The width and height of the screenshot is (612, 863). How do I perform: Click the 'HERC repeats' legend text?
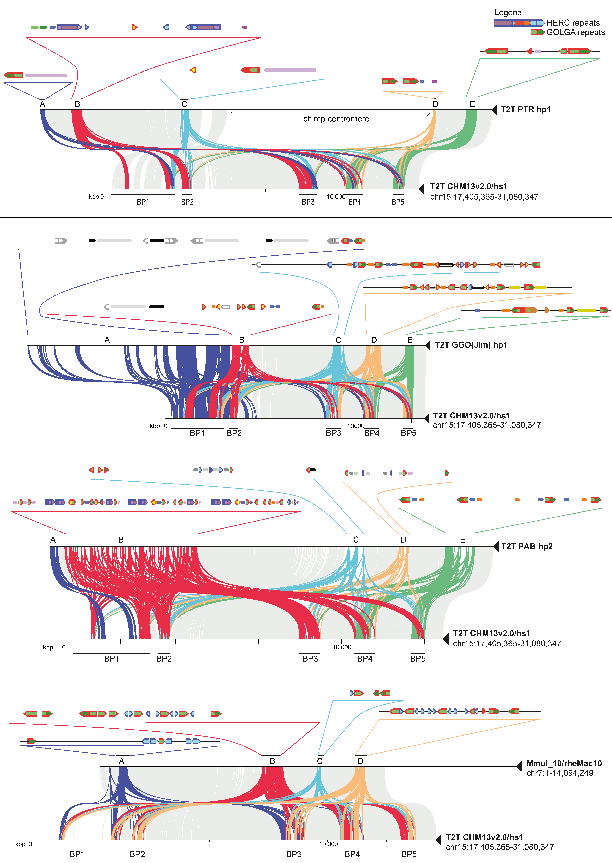[573, 23]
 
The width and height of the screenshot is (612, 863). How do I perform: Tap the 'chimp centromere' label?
[336, 119]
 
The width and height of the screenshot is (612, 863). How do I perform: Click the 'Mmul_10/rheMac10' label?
[564, 764]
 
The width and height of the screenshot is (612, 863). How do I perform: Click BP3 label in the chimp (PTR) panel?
[308, 202]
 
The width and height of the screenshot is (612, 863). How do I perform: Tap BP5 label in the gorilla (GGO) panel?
[409, 433]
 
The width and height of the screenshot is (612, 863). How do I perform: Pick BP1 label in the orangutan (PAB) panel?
[112, 659]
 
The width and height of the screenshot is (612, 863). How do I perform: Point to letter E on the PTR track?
[472, 104]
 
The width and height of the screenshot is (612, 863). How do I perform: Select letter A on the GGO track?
[107, 340]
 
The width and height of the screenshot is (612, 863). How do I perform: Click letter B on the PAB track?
[121, 540]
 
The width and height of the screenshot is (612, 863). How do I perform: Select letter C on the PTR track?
[184, 104]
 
